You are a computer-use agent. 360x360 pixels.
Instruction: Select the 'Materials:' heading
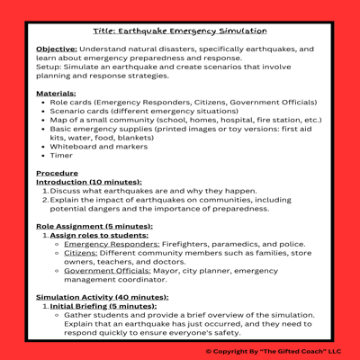pos(56,93)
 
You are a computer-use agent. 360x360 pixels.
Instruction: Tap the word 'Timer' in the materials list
pos(63,155)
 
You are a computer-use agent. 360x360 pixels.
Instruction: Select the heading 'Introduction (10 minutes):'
pos(89,182)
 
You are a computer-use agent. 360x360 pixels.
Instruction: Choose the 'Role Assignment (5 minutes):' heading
pos(94,226)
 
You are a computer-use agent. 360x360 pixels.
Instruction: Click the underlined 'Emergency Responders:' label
pos(112,244)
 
